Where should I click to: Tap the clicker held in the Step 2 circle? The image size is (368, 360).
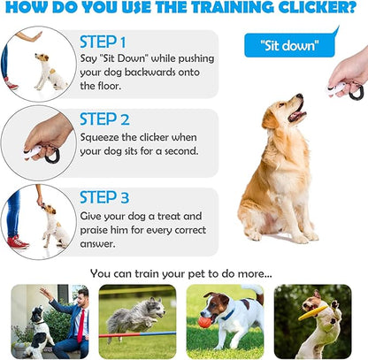pos(41,153)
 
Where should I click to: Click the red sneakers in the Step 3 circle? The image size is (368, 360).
pos(17,240)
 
